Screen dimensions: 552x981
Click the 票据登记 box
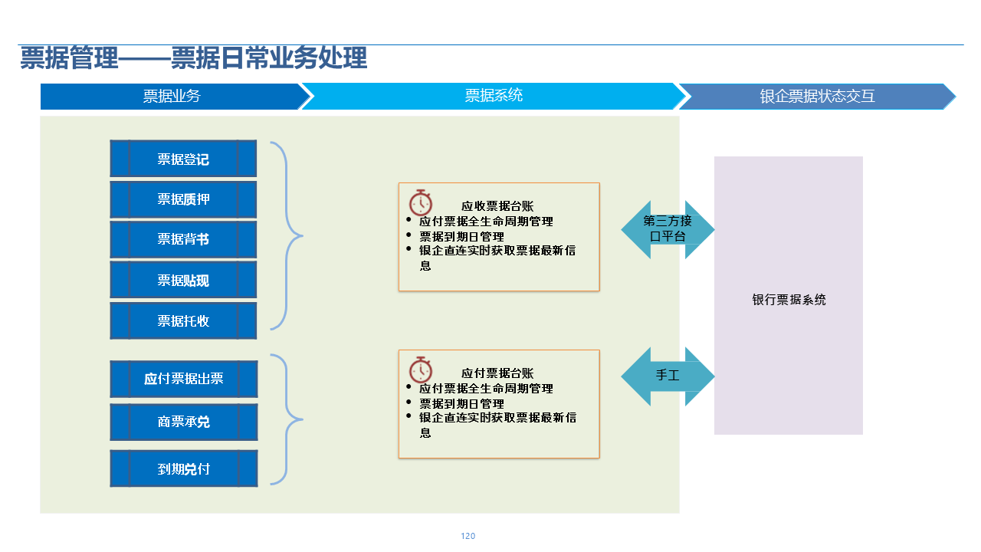click(183, 159)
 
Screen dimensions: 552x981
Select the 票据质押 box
click(183, 199)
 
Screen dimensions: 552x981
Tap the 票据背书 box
click(183, 239)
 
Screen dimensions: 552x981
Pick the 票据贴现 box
click(183, 280)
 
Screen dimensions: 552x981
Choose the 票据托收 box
click(183, 320)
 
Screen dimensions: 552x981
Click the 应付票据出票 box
click(183, 379)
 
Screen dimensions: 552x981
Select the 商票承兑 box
click(183, 422)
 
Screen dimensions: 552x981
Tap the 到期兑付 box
click(183, 468)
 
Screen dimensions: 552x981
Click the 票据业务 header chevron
click(172, 97)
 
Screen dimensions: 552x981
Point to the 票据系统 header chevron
click(494, 97)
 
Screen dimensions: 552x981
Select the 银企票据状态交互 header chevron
click(817, 97)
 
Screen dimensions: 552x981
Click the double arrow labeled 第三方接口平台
click(668, 229)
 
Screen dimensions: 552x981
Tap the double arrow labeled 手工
click(668, 376)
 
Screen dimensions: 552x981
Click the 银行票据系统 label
click(789, 300)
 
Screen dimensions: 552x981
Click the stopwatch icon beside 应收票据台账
click(420, 202)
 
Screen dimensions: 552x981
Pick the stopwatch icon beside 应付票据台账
click(420, 370)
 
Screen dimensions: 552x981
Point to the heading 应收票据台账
click(497, 206)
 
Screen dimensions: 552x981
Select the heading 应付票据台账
click(497, 373)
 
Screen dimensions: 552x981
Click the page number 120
click(468, 536)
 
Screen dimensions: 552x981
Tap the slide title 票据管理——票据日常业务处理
click(193, 59)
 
